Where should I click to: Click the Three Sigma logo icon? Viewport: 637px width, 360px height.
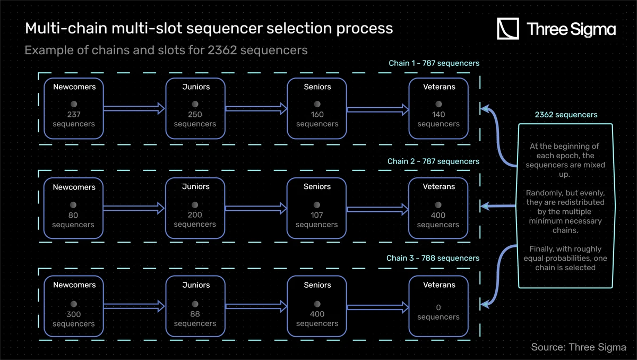coord(507,29)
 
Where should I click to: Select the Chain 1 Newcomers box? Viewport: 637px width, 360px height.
coord(74,108)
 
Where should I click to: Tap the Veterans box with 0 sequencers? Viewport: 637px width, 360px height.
coord(438,306)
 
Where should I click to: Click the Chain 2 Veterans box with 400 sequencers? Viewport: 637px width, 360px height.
coord(438,208)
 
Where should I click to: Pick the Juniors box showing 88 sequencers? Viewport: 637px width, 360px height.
coord(195,306)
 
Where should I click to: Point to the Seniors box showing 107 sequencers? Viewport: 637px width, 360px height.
coord(316,208)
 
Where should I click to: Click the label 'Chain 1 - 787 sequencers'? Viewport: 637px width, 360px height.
coord(434,63)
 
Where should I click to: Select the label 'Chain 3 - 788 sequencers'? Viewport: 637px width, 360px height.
coord(433,258)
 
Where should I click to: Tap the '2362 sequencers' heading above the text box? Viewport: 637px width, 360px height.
coord(566,115)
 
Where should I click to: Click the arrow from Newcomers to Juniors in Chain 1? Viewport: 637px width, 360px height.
coord(135,109)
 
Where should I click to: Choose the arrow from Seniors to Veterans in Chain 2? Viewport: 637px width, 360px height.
coord(378,209)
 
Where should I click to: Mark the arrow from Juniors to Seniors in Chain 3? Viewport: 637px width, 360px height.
coord(256,307)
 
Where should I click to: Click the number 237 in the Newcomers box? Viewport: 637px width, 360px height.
coord(74,114)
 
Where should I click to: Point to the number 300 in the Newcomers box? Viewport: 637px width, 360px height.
coord(74,314)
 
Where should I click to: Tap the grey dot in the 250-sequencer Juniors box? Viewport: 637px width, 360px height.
coord(195,104)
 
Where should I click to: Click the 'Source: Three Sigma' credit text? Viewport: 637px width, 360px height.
coord(578,347)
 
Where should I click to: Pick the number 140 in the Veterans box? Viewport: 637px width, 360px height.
coord(438,114)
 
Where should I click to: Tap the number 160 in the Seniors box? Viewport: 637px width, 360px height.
coord(317,114)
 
